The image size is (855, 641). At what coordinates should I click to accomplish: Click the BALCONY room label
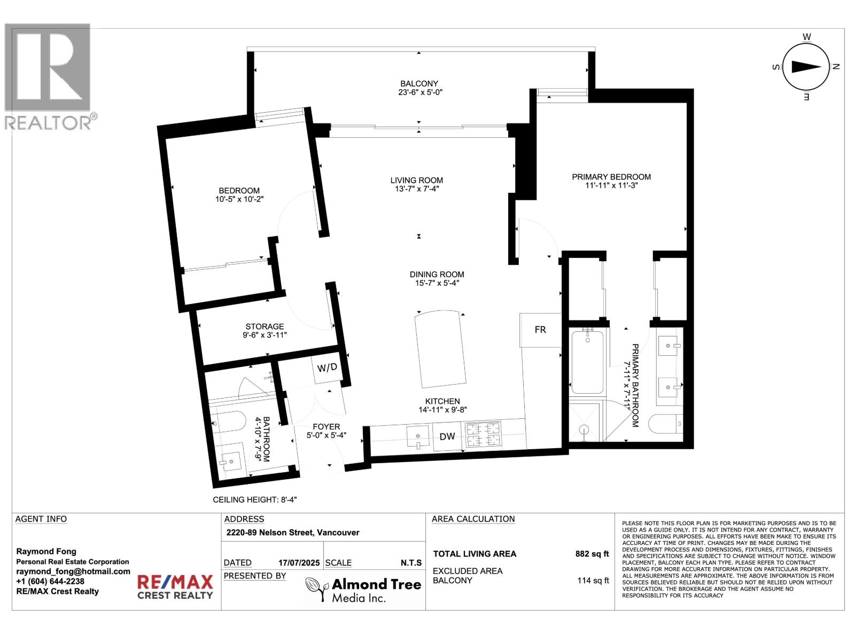[419, 88]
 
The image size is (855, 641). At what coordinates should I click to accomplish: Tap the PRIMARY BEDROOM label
[611, 181]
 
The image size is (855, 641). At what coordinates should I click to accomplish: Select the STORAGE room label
[265, 331]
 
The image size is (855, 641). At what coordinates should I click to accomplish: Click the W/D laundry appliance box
[327, 368]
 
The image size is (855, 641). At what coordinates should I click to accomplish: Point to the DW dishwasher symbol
[447, 436]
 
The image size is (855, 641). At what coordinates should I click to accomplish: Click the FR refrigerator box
[540, 330]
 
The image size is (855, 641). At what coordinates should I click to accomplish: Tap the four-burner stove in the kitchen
[483, 434]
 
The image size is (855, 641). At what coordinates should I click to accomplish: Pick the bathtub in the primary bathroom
[587, 362]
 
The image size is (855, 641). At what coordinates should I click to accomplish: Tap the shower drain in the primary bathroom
[584, 429]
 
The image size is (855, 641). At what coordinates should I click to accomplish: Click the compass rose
[806, 67]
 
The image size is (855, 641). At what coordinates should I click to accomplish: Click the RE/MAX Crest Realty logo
[175, 587]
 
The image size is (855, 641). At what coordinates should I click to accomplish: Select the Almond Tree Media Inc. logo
[363, 590]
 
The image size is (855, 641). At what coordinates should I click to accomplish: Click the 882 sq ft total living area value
[592, 554]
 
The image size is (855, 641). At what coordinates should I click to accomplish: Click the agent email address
[73, 571]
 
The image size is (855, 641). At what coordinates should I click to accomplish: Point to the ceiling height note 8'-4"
[254, 500]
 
